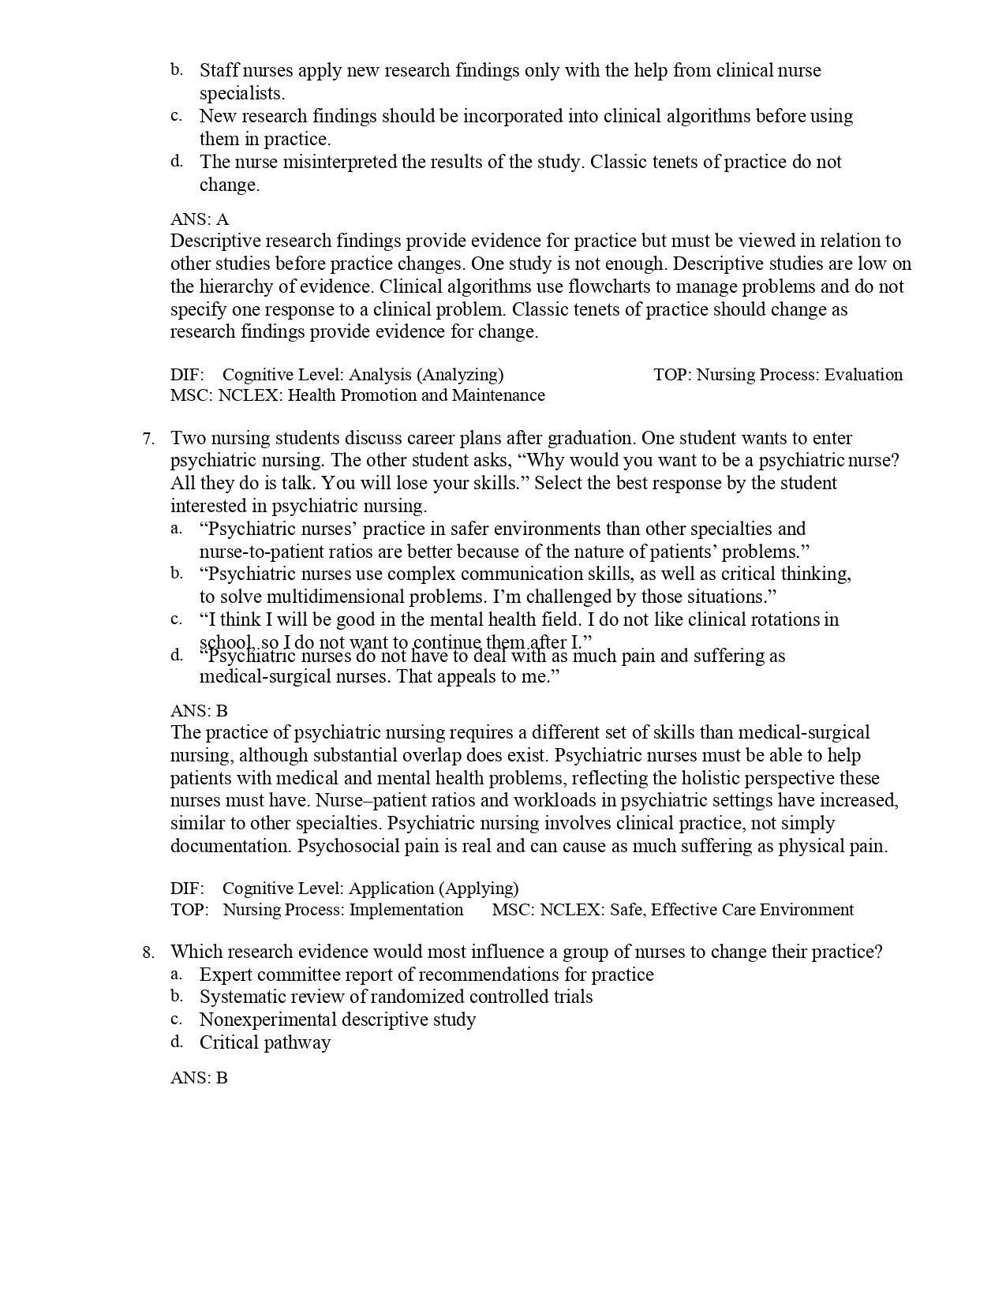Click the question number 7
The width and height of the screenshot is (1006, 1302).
(148, 439)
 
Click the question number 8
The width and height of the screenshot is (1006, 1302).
(148, 952)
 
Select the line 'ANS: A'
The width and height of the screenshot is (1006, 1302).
(200, 219)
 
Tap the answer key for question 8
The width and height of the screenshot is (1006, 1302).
(199, 1077)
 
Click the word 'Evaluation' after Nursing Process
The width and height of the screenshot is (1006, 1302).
(863, 375)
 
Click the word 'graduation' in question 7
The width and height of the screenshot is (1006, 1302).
(593, 438)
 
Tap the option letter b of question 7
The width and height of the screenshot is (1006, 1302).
(177, 573)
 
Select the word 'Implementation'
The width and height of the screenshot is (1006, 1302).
(406, 910)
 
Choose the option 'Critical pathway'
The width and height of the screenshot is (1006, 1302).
(265, 1042)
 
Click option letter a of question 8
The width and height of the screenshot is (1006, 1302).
(177, 974)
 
